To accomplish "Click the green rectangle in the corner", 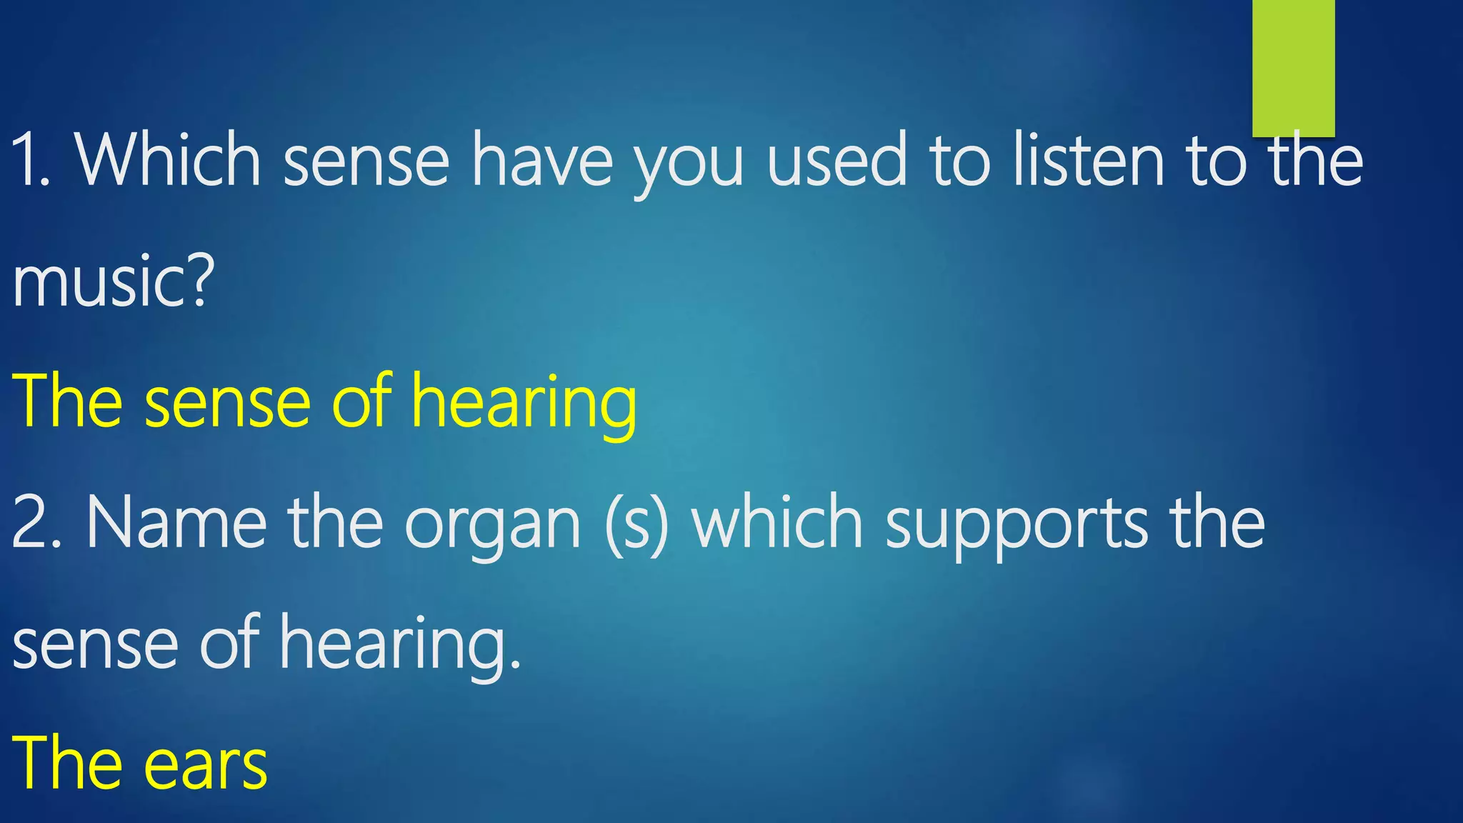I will tap(1293, 68).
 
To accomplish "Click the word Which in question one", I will tap(169, 160).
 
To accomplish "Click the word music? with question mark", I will tap(113, 282).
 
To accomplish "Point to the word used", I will tap(837, 160).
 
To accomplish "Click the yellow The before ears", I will tap(67, 763).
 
